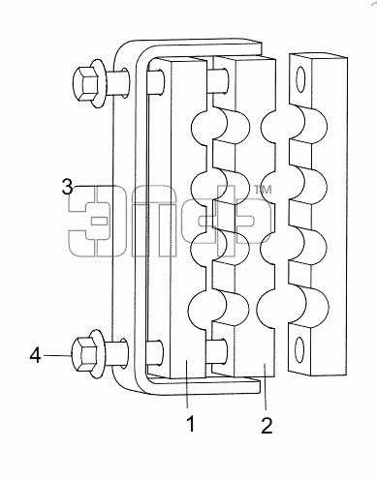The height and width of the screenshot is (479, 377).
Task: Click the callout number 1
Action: tap(191, 424)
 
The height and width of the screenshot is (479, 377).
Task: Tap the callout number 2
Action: tap(267, 426)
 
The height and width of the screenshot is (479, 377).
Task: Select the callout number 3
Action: tap(68, 186)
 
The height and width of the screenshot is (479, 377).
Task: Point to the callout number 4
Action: tap(36, 356)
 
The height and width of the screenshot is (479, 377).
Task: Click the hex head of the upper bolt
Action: tap(85, 84)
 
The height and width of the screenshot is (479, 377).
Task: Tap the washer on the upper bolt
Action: tap(98, 83)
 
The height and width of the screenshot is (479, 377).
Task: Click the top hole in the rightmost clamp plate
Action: tap(300, 79)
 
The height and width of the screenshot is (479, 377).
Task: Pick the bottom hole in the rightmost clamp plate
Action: tap(299, 349)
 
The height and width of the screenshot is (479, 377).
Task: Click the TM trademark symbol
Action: tap(264, 190)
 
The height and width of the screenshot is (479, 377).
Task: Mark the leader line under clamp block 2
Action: tap(265, 386)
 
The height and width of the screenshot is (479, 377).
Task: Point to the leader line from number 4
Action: tap(57, 355)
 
